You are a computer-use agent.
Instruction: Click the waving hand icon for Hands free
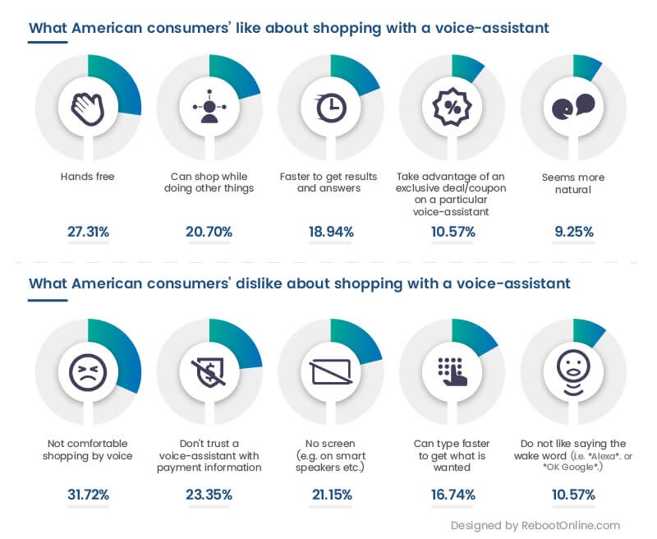click(87, 108)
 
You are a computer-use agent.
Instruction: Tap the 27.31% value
click(88, 232)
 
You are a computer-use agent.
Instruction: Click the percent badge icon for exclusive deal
click(452, 108)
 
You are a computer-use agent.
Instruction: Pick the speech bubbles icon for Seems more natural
click(572, 108)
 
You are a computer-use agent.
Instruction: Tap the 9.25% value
click(572, 232)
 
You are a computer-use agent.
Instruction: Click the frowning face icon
click(87, 371)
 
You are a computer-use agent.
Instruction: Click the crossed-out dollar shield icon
click(209, 371)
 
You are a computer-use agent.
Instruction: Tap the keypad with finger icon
click(452, 371)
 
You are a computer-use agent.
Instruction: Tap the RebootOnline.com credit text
click(535, 525)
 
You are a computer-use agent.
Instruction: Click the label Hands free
click(87, 177)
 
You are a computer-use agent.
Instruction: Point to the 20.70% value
click(209, 232)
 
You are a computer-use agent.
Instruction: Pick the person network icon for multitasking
click(209, 108)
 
